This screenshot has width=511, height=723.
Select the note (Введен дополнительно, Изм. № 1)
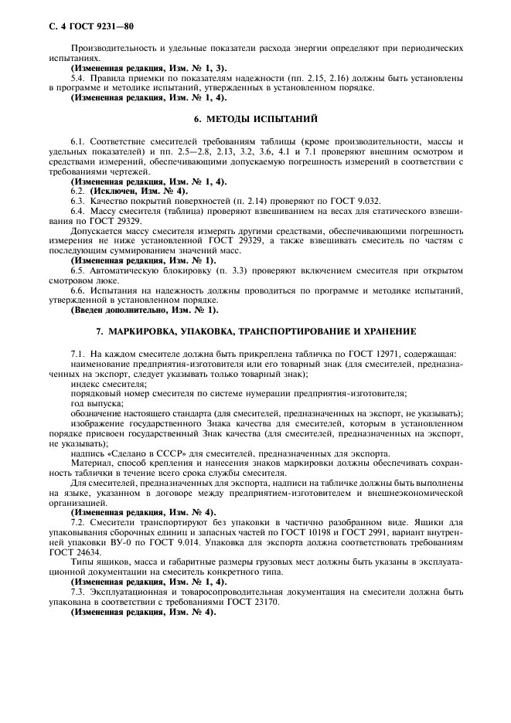pos(145,310)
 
